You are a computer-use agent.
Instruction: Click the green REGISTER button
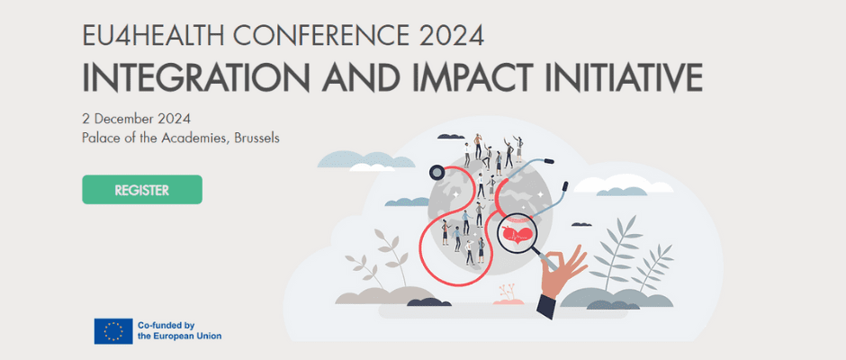pyautogui.click(x=142, y=189)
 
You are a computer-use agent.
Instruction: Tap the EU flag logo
pyautogui.click(x=113, y=331)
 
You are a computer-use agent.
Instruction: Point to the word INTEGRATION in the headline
pyautogui.click(x=197, y=77)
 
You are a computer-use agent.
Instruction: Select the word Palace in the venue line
pyautogui.click(x=98, y=138)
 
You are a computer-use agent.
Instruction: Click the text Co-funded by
pyautogui.click(x=166, y=326)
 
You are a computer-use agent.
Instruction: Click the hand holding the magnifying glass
pyautogui.click(x=562, y=267)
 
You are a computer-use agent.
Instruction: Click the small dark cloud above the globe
pyautogui.click(x=451, y=136)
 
